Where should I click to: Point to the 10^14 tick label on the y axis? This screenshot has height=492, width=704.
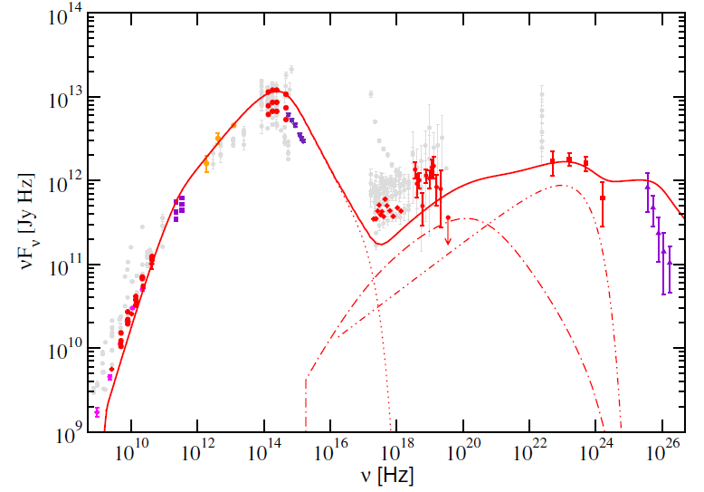tap(61, 14)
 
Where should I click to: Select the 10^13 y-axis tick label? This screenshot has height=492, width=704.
tap(61, 97)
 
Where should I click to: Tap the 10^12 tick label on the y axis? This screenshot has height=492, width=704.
tap(61, 180)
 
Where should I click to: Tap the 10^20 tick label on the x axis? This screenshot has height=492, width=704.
tap(463, 452)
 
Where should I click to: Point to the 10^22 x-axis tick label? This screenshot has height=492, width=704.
tap(529, 452)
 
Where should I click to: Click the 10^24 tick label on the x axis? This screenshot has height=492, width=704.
tap(596, 452)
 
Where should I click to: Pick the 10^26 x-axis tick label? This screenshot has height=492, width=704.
tap(662, 452)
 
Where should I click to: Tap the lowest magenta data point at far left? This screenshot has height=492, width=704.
tap(97, 412)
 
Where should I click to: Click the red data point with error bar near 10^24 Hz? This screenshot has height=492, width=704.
tap(603, 197)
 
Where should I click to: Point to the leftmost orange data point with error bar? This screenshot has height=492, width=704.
tap(206, 163)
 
